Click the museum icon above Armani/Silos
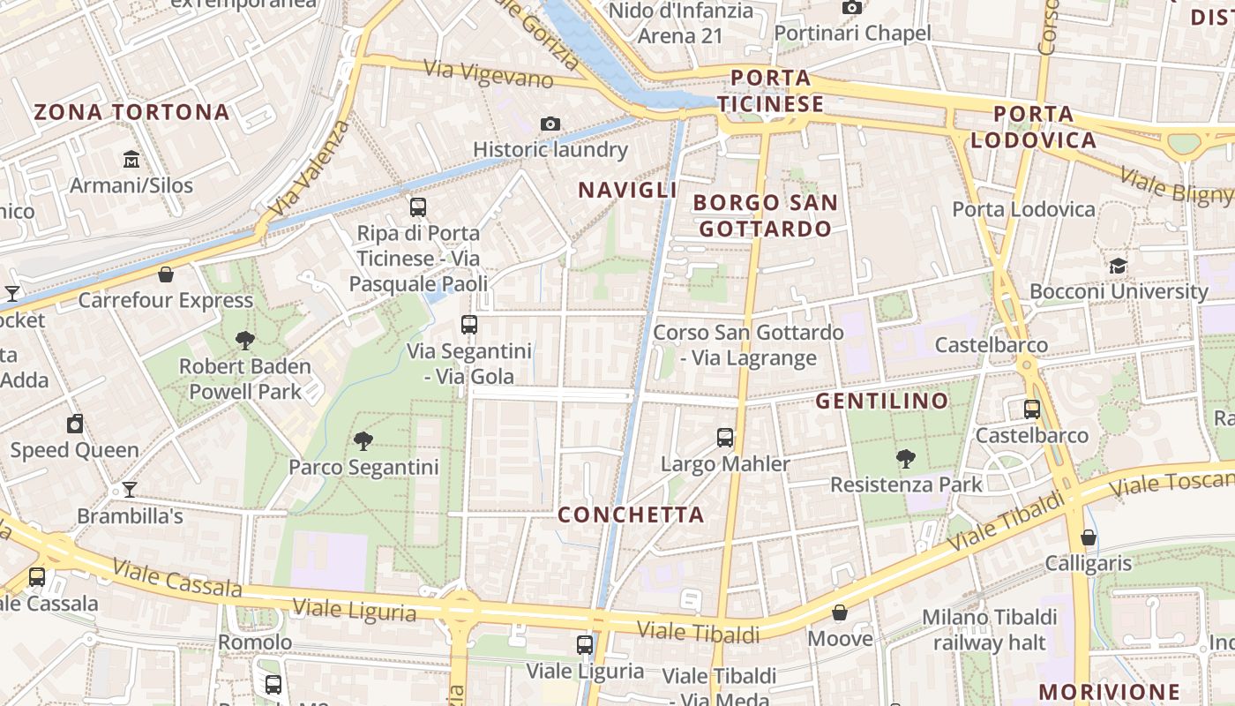pos(131,160)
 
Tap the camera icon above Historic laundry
pos(550,124)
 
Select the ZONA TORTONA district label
pos(131,112)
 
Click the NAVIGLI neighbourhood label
pos(627,190)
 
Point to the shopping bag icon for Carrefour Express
pos(165,274)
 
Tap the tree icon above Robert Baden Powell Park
pos(245,340)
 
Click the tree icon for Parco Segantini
pos(363,440)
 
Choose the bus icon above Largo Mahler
pos(725,437)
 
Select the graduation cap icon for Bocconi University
pos(1118,266)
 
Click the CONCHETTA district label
pos(631,514)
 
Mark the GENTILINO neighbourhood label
pos(881,402)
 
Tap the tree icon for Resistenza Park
pos(905,458)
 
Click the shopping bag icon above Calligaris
pos(1089,537)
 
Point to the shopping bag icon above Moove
pos(840,612)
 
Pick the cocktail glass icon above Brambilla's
pos(130,489)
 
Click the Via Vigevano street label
pos(488,74)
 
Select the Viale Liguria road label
pos(354,610)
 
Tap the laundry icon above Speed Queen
pos(75,424)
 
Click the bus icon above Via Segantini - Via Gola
pos(469,325)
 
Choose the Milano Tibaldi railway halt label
pos(989,629)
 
